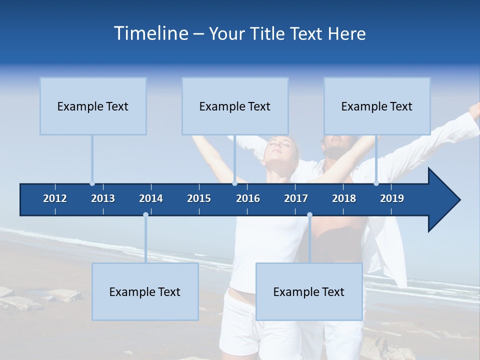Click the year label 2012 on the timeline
55,198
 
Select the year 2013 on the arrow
103,198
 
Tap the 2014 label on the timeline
151,198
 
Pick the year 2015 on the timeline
199,198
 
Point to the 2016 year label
248,198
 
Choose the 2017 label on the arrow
296,198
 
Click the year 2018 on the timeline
344,198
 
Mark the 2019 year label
392,198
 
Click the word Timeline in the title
150,33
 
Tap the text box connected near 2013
93,106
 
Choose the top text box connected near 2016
235,106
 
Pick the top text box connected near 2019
377,106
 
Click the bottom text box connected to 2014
145,291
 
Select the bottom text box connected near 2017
309,291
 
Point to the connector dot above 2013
92,183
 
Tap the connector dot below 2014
145,215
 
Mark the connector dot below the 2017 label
309,215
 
